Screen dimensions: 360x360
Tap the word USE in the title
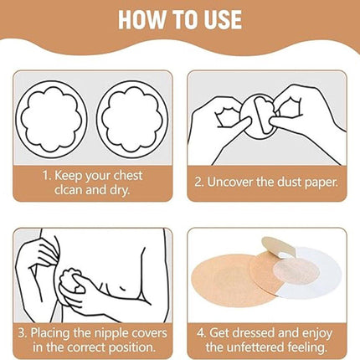click(223, 19)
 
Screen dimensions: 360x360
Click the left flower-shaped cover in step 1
click(51, 118)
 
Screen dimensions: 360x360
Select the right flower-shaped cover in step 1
click(132, 118)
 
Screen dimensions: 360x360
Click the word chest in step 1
click(128, 176)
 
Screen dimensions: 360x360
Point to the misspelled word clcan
click(69, 190)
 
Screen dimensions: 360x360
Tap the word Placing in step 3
click(50, 333)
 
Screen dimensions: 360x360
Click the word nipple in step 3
click(111, 334)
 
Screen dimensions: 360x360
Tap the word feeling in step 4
click(305, 348)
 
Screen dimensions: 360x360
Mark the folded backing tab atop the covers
click(279, 246)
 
